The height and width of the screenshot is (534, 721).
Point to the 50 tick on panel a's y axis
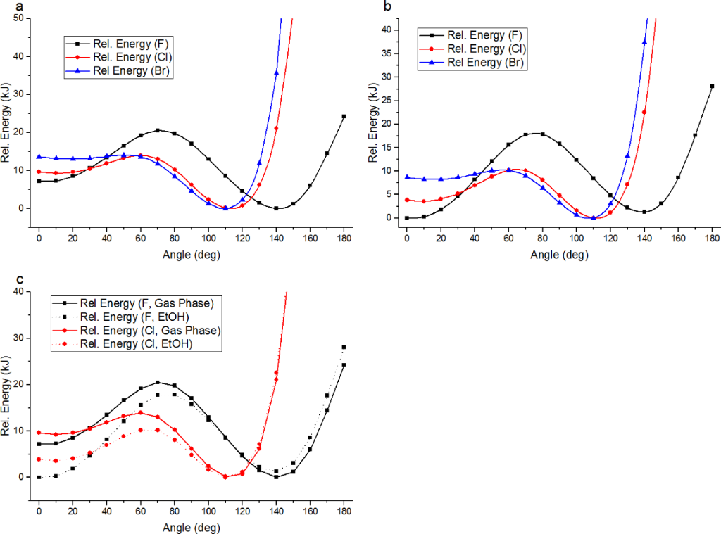tap(20, 18)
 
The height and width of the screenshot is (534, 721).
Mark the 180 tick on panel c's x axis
tap(344, 513)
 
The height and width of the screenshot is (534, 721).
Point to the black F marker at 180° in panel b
tap(712, 86)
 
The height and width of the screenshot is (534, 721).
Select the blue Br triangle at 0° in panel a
tap(39, 156)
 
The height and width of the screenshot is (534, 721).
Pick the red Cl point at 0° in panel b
tap(407, 200)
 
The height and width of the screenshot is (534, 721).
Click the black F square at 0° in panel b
tap(407, 218)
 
